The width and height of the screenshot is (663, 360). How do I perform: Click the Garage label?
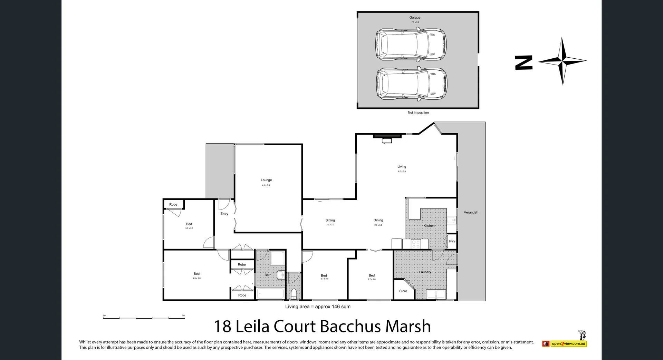[415, 18]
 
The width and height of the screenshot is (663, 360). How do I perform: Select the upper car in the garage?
[411, 45]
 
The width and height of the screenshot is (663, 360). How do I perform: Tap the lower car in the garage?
[411, 84]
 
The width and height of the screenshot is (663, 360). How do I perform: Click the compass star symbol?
[562, 61]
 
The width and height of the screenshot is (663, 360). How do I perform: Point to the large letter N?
[523, 62]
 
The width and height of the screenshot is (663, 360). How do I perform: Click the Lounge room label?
[266, 180]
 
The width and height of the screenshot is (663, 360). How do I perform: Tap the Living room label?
[402, 167]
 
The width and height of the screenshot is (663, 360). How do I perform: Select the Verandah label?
[471, 212]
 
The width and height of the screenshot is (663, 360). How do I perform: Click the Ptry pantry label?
[452, 241]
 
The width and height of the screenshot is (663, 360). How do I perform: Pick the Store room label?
[403, 291]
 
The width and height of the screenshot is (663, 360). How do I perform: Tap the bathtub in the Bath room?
[270, 294]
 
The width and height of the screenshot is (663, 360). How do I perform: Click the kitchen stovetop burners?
[416, 244]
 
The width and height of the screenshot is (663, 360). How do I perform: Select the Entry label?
[224, 214]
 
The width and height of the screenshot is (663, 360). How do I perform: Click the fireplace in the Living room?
[387, 137]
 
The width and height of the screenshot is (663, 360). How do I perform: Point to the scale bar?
[144, 317]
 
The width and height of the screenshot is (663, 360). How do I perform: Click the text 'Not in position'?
[418, 113]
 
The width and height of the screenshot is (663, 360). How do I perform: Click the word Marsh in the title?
[408, 327]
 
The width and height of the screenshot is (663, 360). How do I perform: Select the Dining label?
[378, 220]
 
